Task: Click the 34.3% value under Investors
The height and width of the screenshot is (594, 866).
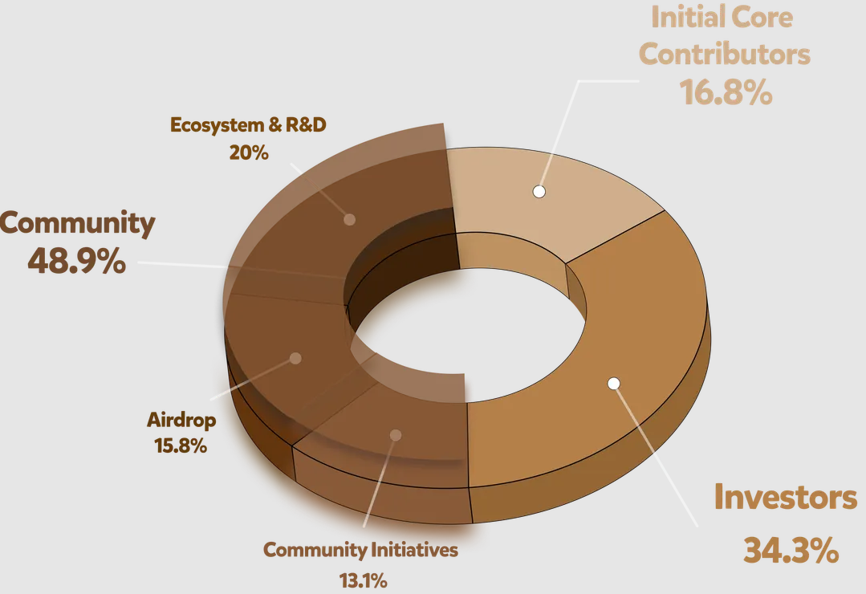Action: (x=791, y=551)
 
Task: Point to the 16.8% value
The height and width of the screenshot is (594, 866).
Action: (x=726, y=92)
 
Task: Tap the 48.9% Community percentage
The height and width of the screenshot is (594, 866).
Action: (x=76, y=260)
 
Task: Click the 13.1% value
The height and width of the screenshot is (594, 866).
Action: (x=364, y=579)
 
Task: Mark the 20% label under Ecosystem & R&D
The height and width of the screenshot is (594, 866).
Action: (x=248, y=152)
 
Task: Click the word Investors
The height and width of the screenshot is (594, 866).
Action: (x=786, y=498)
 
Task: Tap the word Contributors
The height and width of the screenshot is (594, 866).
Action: (x=726, y=55)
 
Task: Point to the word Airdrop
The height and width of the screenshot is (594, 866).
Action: (x=181, y=420)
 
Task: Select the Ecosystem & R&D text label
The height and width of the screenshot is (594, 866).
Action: (x=248, y=126)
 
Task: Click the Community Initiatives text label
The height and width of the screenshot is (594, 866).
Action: (x=361, y=551)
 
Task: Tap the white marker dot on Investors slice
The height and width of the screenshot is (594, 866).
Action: (x=614, y=384)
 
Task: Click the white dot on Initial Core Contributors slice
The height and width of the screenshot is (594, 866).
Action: (x=539, y=191)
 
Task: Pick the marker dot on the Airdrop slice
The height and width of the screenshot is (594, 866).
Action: (x=295, y=358)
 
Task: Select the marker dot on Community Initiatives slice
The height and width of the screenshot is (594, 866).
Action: (x=395, y=435)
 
